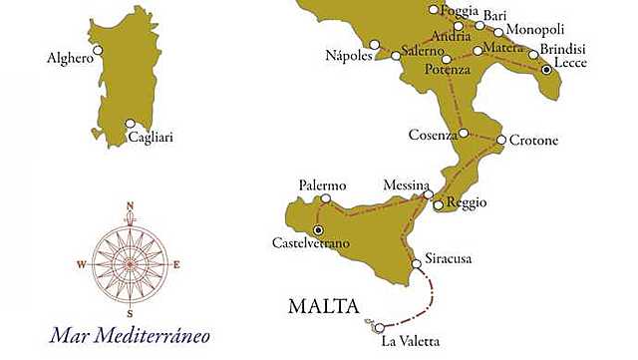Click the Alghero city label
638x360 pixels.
70,59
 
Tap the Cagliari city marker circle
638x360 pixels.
130,125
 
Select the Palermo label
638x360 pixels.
322,185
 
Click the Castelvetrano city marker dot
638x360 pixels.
319,229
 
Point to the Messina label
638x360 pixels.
407,185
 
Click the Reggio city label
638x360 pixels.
467,202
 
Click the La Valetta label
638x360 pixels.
410,342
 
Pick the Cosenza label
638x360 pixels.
433,134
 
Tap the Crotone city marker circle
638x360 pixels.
500,140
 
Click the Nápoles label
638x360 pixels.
349,55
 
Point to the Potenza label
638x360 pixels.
447,70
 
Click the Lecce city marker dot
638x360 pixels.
546,70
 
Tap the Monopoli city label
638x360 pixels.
534,31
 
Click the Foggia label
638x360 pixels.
461,10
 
